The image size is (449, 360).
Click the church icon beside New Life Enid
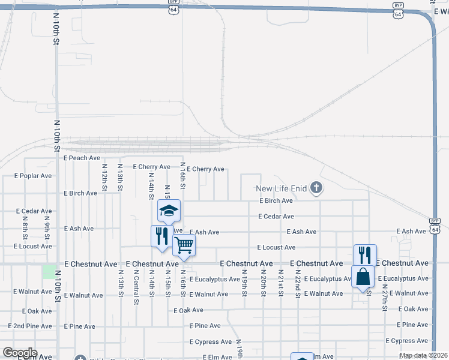(316, 189)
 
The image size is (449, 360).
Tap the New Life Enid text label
(281, 189)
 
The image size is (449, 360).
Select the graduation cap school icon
(169, 211)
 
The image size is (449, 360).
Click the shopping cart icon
(184, 245)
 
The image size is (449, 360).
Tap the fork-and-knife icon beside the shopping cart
(161, 236)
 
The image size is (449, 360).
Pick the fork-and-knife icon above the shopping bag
(365, 255)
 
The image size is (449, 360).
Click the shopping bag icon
(363, 277)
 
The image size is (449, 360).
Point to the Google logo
(20, 353)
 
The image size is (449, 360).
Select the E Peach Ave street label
(82, 158)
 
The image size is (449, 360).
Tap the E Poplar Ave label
(33, 176)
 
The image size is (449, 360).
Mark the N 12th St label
(104, 178)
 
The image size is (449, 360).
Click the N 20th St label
(263, 281)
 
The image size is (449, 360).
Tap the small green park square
(49, 271)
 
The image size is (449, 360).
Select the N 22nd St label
(297, 283)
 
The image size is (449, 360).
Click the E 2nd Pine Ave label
(30, 326)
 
